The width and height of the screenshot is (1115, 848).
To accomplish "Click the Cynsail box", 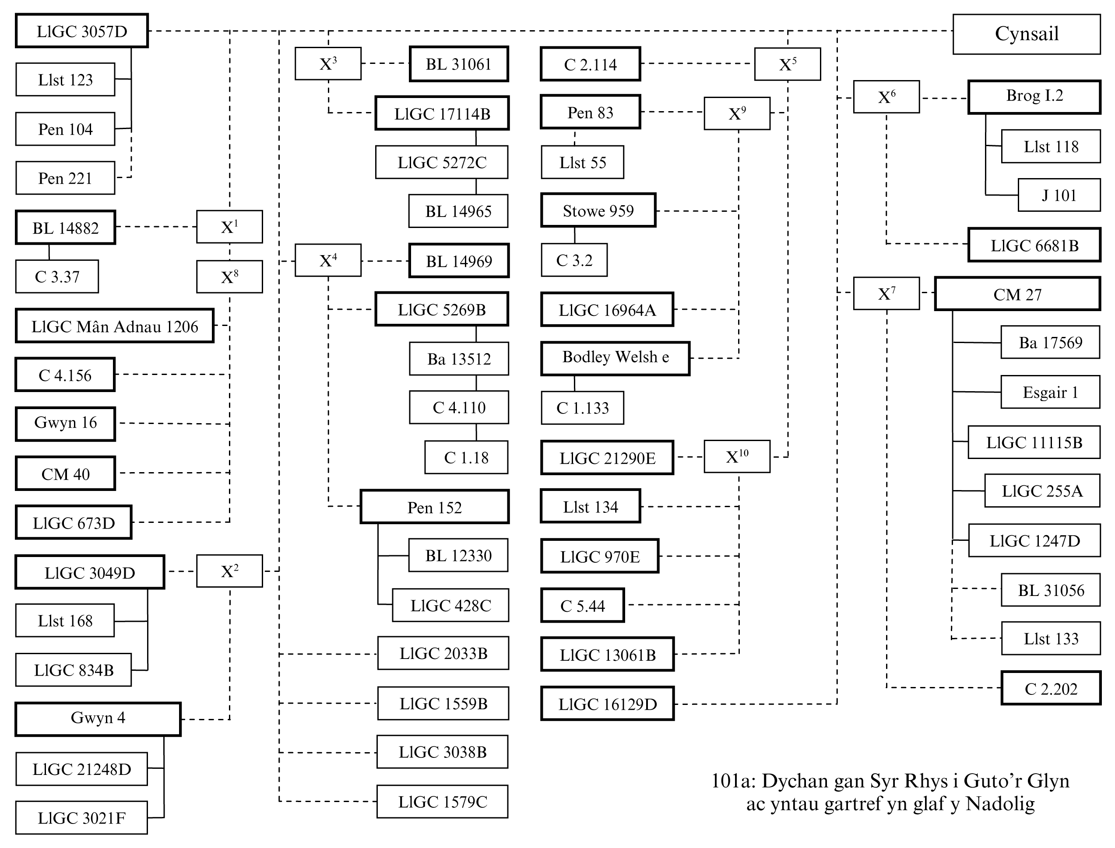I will [x=1026, y=34].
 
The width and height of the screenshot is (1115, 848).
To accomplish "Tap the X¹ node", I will [x=229, y=227].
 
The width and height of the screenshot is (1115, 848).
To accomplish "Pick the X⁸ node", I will [x=229, y=277].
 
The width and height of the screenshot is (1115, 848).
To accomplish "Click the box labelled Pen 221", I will [x=65, y=178].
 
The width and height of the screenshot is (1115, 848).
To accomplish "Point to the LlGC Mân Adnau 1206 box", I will [x=115, y=326].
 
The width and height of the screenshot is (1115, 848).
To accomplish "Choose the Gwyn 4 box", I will [x=98, y=718].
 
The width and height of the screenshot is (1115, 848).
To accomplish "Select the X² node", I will [x=229, y=571].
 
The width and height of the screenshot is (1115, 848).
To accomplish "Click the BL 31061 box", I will [x=458, y=64].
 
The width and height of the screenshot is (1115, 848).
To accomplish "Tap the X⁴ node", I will [x=328, y=260].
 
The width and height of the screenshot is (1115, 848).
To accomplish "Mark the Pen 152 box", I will [x=434, y=507].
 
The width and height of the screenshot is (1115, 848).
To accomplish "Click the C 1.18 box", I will [x=466, y=457].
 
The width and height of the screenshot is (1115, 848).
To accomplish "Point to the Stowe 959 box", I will [x=598, y=210].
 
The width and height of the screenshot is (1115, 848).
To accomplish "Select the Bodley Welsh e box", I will [x=615, y=358].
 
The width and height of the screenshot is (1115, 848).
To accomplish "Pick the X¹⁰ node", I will [x=737, y=456].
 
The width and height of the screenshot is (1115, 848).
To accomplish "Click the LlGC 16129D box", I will [x=607, y=704].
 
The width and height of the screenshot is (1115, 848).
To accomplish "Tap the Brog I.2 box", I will [x=1034, y=96].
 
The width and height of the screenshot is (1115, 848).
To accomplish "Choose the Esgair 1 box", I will [x=1050, y=392].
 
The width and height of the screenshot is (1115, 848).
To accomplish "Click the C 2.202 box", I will [x=1050, y=688].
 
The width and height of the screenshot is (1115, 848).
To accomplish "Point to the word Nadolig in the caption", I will [x=1000, y=803].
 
